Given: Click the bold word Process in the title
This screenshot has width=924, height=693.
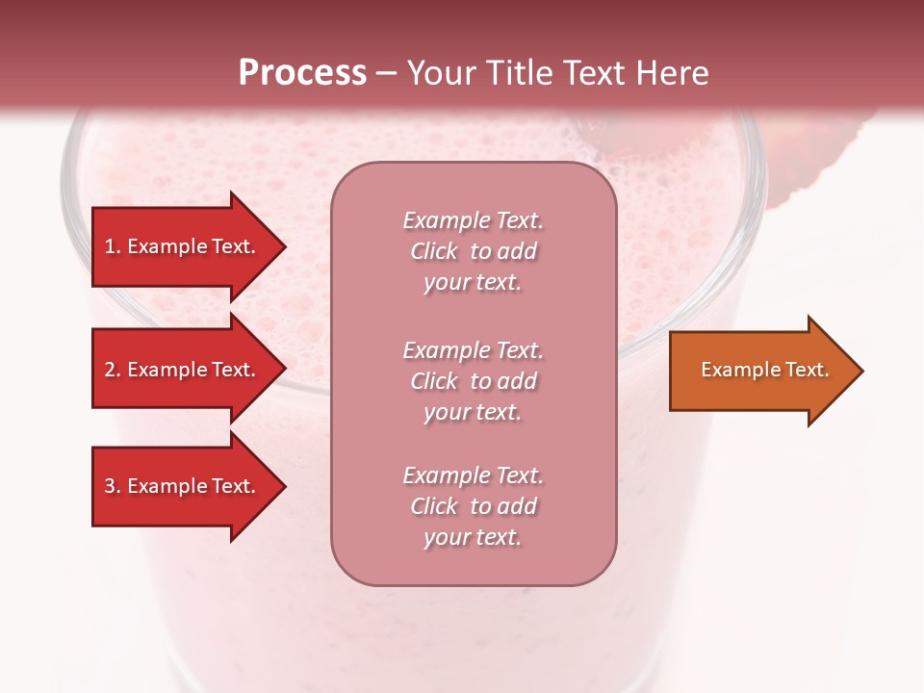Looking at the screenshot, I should tap(302, 73).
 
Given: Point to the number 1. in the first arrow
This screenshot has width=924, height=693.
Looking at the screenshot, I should tap(113, 246).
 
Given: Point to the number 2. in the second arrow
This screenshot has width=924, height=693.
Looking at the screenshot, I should tap(113, 370).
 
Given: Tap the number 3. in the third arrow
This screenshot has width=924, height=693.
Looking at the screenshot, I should tap(113, 486).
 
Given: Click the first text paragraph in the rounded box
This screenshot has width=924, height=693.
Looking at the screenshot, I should tap(473, 251).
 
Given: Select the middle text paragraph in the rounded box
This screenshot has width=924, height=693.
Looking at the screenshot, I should tap(473, 381).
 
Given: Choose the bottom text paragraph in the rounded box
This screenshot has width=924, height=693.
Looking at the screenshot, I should tap(473, 506).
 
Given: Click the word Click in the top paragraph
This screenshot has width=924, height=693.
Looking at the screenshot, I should tap(434, 251).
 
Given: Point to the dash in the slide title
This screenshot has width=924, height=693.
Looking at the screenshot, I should tap(387, 74).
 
